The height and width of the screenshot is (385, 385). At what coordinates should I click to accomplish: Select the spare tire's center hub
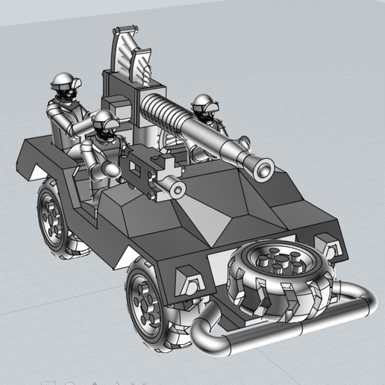(281, 264)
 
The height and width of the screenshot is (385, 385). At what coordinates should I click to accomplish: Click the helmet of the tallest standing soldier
(64, 81)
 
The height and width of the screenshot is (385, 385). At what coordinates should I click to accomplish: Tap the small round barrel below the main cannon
(177, 190)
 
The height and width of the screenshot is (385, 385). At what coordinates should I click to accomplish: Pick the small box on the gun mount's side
(116, 104)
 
